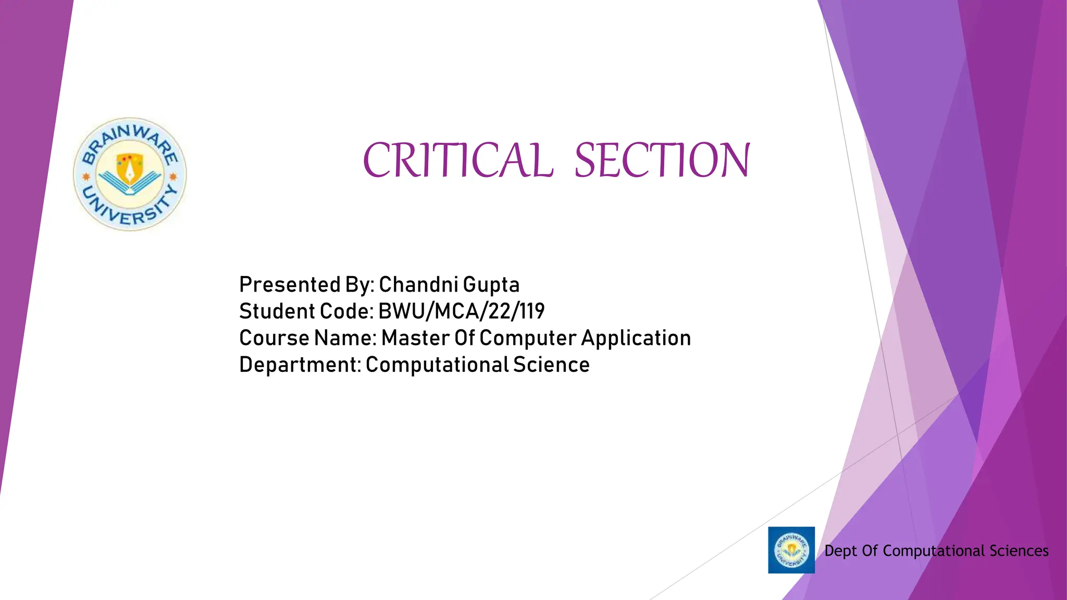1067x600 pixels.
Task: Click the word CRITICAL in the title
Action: coord(456,160)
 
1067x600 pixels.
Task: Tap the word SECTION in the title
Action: coord(662,160)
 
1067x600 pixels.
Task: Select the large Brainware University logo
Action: coord(130,174)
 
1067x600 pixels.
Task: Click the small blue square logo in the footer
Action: coord(791,550)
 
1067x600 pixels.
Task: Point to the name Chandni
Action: coord(418,285)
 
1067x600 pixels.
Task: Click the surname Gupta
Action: coord(491,285)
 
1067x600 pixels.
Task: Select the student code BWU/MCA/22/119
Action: coord(461,311)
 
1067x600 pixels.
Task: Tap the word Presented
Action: coord(289,285)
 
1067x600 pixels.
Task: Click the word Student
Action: coord(277,311)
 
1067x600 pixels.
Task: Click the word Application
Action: coord(636,339)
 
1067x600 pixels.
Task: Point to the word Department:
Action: coord(300,365)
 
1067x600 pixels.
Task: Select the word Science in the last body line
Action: coord(551,365)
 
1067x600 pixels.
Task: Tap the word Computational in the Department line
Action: coord(437,365)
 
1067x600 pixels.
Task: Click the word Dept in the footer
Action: coord(840,551)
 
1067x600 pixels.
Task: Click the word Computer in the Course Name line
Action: coord(527,339)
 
